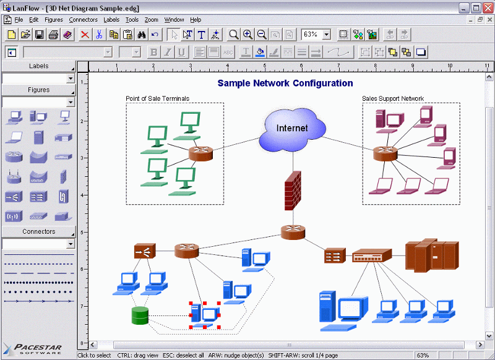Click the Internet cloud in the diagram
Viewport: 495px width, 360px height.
(291, 129)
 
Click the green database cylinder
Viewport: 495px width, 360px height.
(140, 315)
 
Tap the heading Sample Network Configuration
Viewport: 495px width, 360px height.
(285, 84)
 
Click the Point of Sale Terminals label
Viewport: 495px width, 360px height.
(157, 98)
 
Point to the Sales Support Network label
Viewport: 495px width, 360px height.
(393, 98)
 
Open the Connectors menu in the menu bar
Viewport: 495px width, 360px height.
(83, 20)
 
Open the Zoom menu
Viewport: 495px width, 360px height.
(151, 20)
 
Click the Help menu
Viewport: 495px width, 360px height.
(196, 20)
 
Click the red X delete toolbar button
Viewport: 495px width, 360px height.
(85, 35)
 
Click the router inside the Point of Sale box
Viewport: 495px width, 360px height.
(200, 153)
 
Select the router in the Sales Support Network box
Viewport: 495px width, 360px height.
(385, 153)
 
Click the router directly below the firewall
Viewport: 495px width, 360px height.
(293, 232)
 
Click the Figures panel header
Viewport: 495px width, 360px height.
(38, 90)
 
